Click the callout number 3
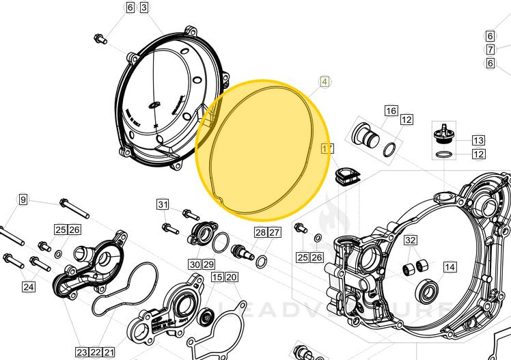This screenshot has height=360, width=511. click(x=144, y=8)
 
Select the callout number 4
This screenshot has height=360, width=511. click(x=324, y=81)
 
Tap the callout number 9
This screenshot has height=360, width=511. click(x=23, y=199)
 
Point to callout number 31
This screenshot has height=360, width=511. click(x=162, y=204)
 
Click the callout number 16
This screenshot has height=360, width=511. click(x=391, y=111)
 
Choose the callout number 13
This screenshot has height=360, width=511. click(x=478, y=140)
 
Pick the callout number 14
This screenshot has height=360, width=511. click(x=450, y=267)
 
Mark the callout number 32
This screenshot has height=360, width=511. click(x=410, y=240)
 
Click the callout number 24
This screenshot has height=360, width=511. click(x=28, y=287)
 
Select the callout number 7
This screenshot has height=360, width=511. click(x=490, y=50)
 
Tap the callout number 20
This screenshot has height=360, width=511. click(x=232, y=277)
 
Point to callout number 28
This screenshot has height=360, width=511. click(x=260, y=232)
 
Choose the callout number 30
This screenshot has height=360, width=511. click(x=194, y=264)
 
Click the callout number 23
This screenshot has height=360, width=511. click(x=82, y=352)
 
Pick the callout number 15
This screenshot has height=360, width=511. click(x=217, y=277)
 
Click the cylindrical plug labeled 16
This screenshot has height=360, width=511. click(x=365, y=135)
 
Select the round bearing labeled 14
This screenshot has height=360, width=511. click(x=429, y=292)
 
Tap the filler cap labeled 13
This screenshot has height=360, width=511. click(x=445, y=130)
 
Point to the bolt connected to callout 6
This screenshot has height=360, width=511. click(x=100, y=38)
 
